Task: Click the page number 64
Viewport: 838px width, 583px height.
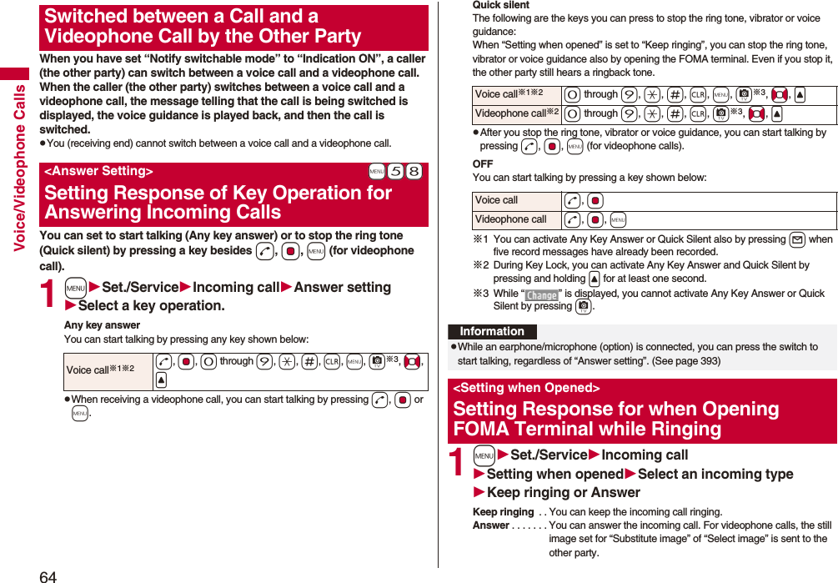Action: pos(48,575)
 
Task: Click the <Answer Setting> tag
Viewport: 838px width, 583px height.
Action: pos(98,171)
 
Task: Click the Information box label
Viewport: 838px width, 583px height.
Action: pos(492,331)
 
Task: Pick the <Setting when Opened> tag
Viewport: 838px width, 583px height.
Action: pos(526,388)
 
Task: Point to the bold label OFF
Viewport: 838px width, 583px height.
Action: pos(482,164)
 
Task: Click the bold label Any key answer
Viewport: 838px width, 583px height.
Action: pos(102,325)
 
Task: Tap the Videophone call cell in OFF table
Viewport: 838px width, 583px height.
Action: pos(510,219)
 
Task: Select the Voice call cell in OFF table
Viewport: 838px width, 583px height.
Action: pos(496,200)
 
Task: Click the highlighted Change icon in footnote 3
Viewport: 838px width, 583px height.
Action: pos(541,295)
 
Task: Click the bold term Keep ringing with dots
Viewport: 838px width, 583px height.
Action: pos(503,512)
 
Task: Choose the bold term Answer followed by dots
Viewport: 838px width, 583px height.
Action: pos(490,525)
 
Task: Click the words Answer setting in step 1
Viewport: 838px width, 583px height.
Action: pos(343,287)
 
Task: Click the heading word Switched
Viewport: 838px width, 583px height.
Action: pos(83,17)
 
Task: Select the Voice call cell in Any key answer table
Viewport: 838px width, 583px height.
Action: pos(96,370)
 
